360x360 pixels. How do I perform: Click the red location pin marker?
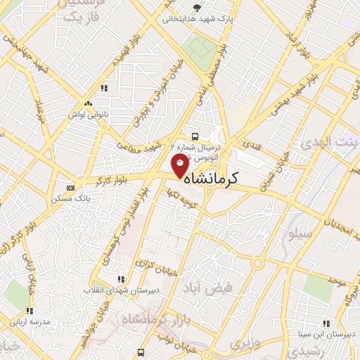pyautogui.click(x=180, y=165)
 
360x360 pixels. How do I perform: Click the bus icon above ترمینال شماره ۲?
pyautogui.click(x=195, y=137)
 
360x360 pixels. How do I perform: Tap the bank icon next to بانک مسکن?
pyautogui.click(x=70, y=188)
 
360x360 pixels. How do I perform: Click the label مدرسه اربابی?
pyautogui.click(x=30, y=322)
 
